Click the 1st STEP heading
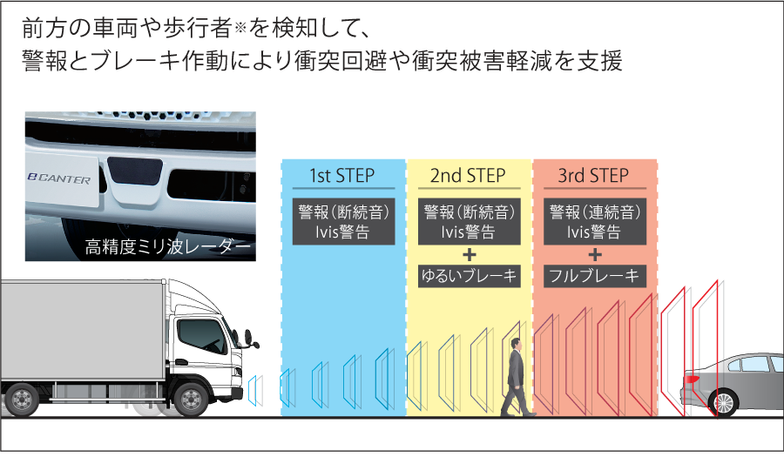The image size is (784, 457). coord(342,176)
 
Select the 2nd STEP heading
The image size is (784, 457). coord(468,176)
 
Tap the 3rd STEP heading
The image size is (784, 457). coord(593,176)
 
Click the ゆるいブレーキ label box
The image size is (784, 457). coord(468,277)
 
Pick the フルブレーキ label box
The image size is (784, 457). coord(593,277)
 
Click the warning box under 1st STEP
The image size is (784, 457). coord(342,221)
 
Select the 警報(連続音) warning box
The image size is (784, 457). coord(593,221)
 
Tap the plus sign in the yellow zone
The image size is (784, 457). coord(469,254)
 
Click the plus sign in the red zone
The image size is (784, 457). coord(594,254)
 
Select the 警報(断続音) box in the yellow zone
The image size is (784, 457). coord(468,221)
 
